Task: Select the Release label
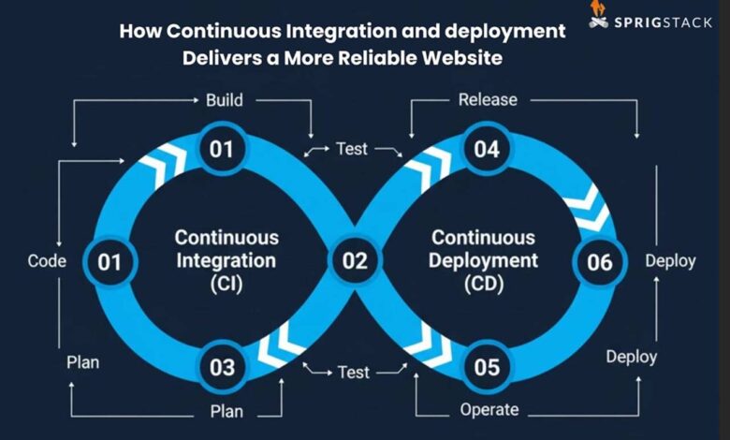click(488, 100)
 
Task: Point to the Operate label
click(488, 409)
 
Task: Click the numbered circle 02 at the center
click(355, 261)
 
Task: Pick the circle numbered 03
click(222, 367)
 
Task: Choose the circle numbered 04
click(487, 150)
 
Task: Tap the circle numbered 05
click(487, 367)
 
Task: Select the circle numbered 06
click(599, 261)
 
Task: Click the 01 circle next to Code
click(109, 261)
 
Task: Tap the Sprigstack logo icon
click(598, 12)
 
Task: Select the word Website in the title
click(458, 58)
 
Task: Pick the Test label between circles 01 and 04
click(353, 149)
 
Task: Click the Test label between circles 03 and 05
click(353, 373)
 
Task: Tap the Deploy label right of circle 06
click(670, 261)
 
